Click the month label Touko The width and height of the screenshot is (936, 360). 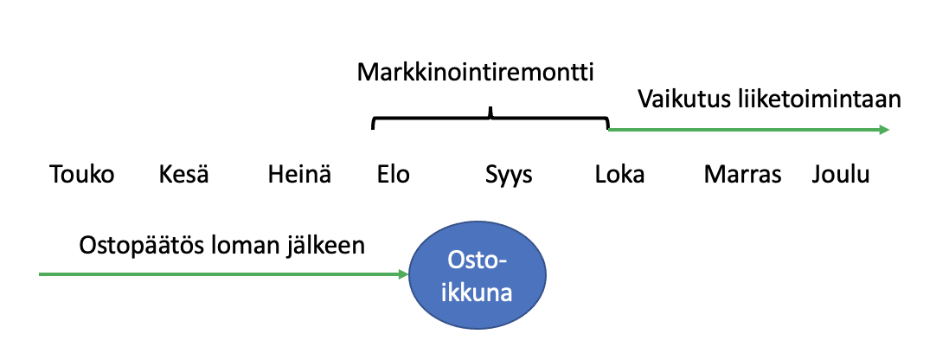82,175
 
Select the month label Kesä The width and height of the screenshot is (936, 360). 184,175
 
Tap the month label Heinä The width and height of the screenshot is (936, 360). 299,175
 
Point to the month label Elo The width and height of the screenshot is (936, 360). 394,175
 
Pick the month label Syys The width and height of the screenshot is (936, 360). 509,175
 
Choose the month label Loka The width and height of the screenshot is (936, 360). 619,175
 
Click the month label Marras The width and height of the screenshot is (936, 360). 742,175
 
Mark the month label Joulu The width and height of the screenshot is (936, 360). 841,175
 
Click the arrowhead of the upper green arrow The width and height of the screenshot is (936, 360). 883,130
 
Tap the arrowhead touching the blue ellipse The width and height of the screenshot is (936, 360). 402,274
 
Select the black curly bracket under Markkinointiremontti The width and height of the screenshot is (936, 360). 490,120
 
